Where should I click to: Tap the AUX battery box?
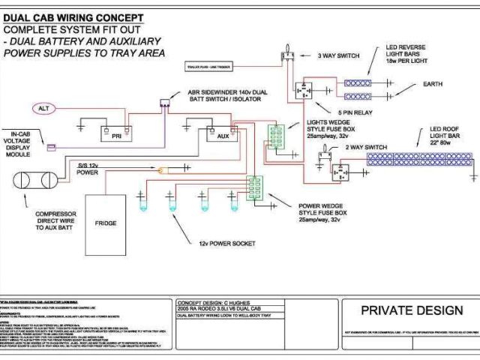click(x=222, y=136)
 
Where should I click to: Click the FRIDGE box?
click(x=106, y=223)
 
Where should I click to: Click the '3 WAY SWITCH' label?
click(x=338, y=55)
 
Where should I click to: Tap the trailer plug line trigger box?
click(x=210, y=67)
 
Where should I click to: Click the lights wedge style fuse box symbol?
click(x=277, y=138)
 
